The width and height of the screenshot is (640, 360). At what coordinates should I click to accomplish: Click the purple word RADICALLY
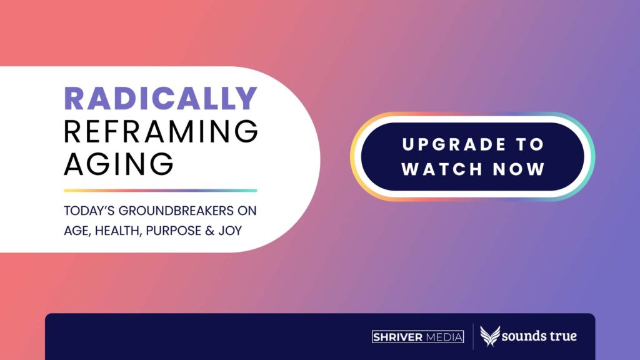[161, 98]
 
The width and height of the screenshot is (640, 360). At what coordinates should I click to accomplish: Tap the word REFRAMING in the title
[161, 131]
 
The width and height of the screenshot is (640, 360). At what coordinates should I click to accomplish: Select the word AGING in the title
[119, 164]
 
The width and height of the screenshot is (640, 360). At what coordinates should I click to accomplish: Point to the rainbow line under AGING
[161, 191]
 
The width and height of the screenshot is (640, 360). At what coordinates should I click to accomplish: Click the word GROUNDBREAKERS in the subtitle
[176, 211]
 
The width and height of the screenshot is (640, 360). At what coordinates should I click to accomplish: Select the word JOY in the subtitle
[230, 231]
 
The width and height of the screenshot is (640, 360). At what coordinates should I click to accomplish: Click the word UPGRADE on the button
[454, 144]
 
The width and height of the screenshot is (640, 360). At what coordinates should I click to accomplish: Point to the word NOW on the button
[519, 169]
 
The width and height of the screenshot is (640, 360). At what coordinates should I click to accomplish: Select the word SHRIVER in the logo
[397, 337]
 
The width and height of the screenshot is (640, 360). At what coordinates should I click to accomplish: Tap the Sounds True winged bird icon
[490, 336]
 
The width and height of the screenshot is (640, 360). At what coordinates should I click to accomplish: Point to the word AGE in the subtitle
[77, 231]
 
